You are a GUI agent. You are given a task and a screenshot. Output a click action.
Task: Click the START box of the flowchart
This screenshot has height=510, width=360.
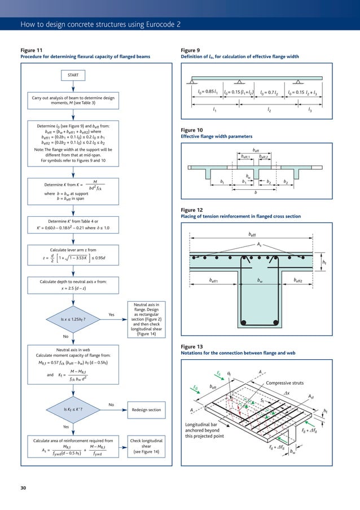[73, 75]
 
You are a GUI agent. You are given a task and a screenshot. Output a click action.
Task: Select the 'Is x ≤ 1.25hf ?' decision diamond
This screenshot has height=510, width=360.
[73, 319]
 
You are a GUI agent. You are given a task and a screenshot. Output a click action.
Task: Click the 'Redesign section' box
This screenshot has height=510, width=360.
[146, 410]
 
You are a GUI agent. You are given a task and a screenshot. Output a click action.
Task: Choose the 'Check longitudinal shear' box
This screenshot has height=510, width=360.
[146, 446]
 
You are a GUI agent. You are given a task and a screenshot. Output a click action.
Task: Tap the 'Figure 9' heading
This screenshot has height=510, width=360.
[190, 50]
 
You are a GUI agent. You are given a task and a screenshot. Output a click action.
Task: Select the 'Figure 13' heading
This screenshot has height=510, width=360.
[191, 346]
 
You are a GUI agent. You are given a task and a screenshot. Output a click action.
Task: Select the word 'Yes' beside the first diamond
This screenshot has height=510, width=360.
[112, 315]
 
